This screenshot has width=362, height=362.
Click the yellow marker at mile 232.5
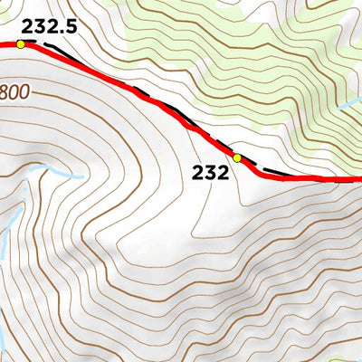20,43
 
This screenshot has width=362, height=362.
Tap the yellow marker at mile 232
238,157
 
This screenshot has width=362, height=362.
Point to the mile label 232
210,173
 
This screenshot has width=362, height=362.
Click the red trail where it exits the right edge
358,179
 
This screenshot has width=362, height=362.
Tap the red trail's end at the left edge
3,43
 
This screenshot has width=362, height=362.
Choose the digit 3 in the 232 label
210,173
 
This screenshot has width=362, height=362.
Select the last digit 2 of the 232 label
222,173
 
